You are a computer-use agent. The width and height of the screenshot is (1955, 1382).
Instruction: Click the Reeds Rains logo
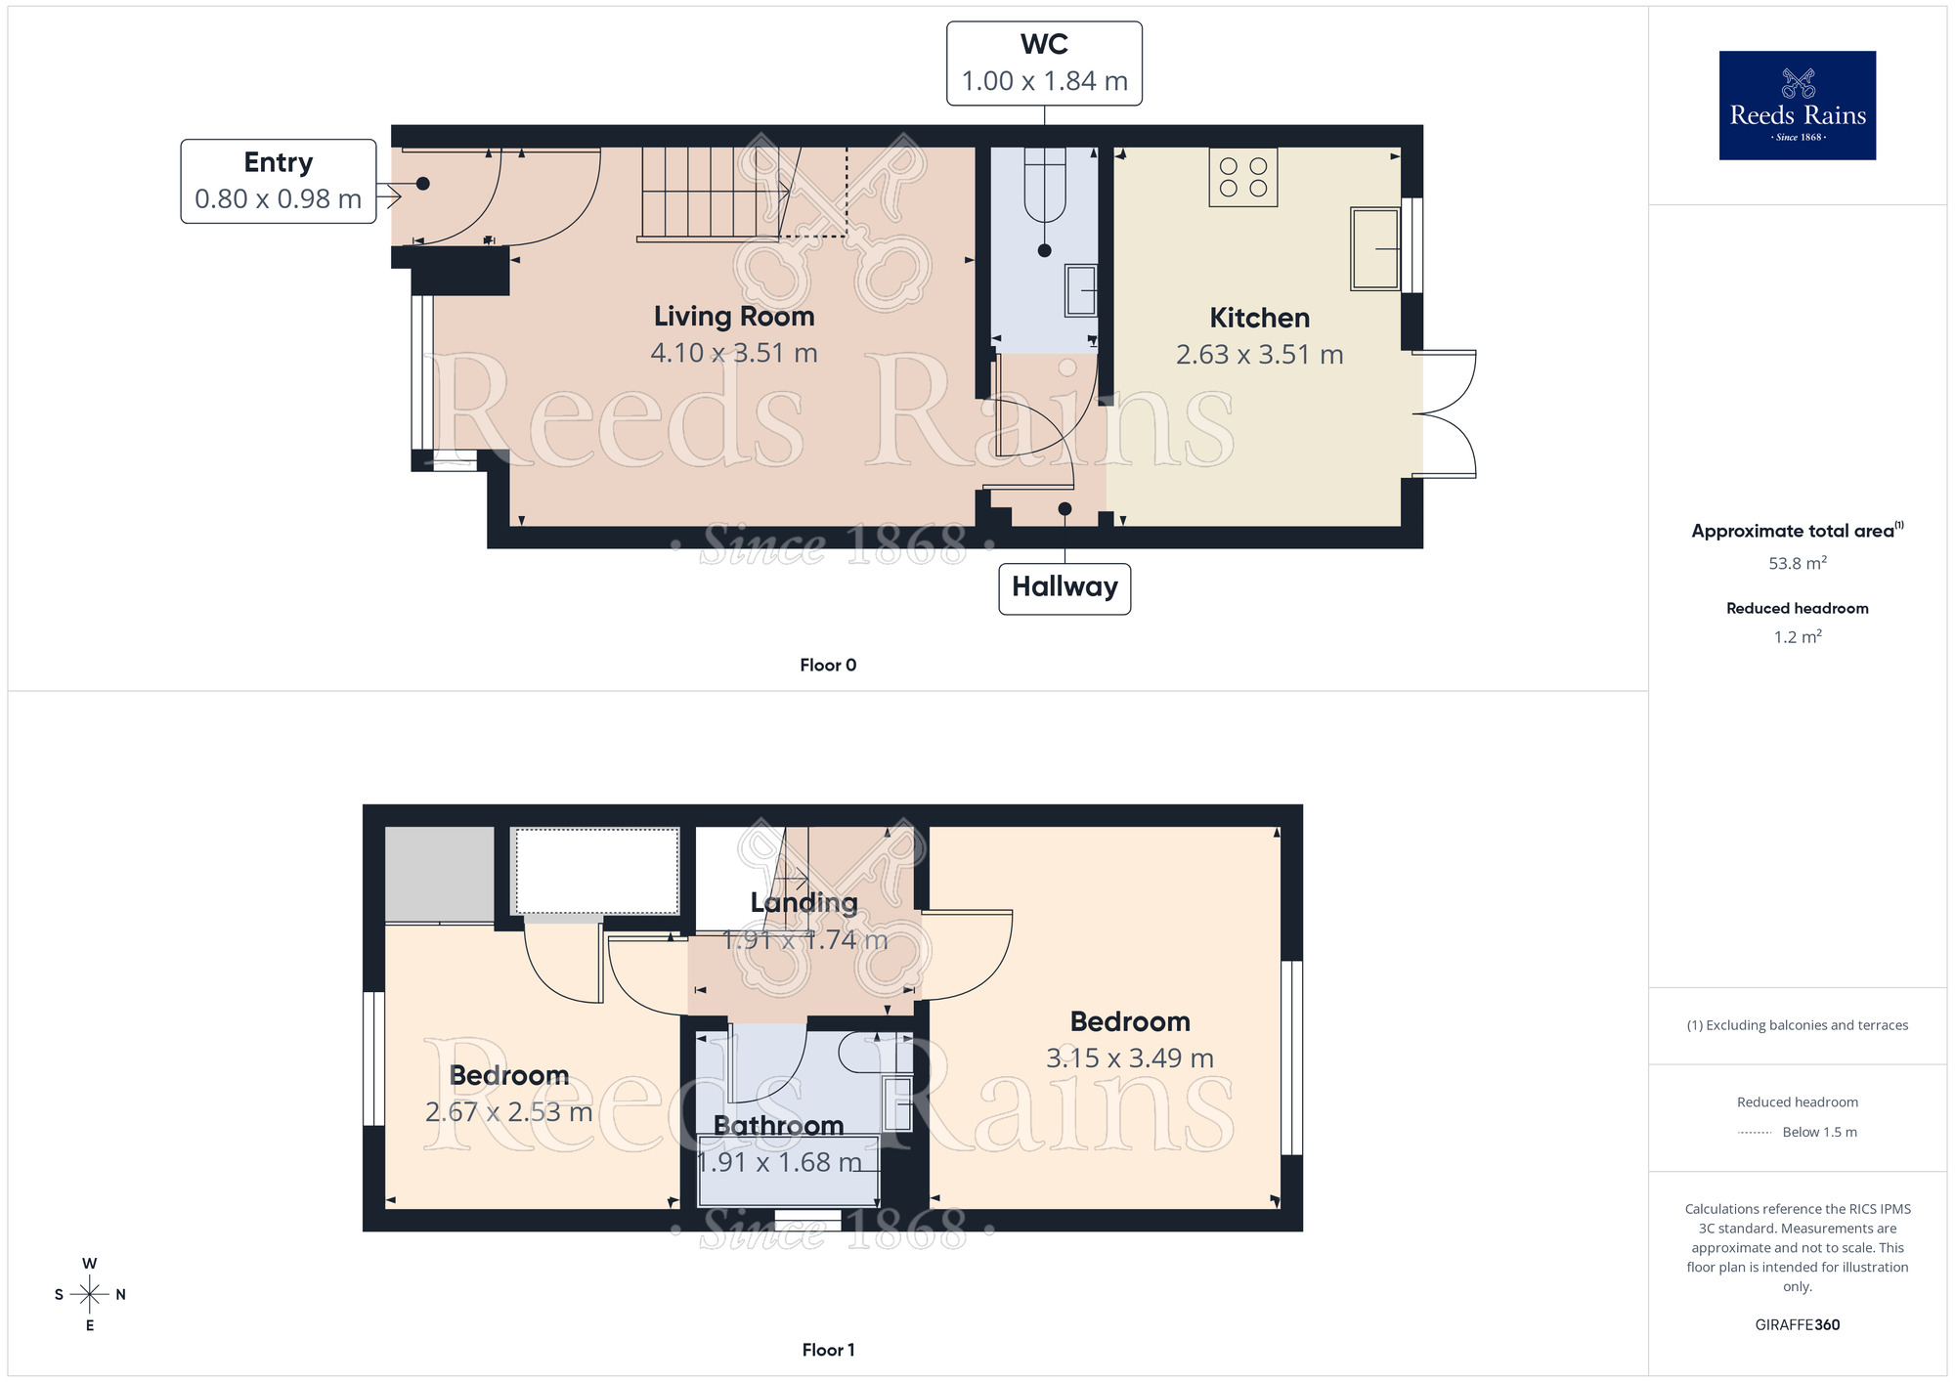tap(1797, 106)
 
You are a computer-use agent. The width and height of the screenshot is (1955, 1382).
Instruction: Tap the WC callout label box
tap(1044, 64)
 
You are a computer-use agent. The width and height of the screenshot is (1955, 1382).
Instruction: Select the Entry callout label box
tap(279, 181)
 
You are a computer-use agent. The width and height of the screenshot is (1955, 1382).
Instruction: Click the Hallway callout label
tap(1064, 588)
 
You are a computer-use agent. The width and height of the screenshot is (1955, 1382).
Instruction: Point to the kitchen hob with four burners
tap(1242, 177)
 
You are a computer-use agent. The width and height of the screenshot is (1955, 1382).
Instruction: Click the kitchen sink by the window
tap(1375, 249)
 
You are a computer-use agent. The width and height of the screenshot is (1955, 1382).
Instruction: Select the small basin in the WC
tap(1080, 290)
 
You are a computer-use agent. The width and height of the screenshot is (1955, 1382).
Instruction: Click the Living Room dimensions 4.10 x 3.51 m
tap(734, 353)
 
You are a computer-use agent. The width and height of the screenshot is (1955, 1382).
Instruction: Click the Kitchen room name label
tap(1259, 318)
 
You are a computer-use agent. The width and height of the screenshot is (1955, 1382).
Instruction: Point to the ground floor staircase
tap(712, 193)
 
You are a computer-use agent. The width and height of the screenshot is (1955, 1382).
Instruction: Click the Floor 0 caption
tap(828, 666)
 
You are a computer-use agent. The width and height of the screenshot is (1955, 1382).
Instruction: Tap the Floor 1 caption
tap(828, 1350)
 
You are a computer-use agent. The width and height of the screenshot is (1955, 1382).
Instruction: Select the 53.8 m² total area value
tap(1797, 564)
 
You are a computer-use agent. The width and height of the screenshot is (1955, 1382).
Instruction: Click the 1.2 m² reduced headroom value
tap(1797, 637)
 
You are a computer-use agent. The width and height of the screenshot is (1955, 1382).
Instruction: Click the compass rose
tap(90, 1295)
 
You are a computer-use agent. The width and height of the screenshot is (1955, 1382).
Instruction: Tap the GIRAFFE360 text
tap(1797, 1325)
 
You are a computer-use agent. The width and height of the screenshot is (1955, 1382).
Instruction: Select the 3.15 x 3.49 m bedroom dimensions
tap(1129, 1058)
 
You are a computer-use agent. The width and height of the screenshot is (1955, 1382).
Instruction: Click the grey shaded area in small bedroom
tap(439, 874)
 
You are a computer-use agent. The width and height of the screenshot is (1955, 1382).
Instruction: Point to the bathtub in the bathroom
tap(789, 1170)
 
